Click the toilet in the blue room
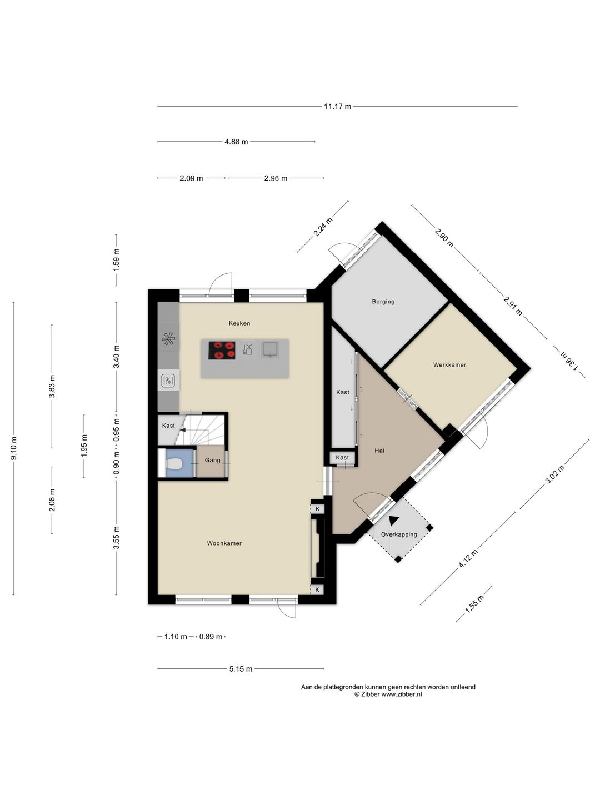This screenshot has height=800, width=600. (173, 463)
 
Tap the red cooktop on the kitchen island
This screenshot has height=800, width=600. (222, 350)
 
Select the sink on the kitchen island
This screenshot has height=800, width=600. (270, 349)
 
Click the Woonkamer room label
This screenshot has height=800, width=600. (224, 543)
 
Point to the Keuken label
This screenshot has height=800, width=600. (239, 323)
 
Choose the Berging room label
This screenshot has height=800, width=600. (383, 302)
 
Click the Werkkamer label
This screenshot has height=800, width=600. (449, 365)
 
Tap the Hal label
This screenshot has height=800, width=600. (379, 451)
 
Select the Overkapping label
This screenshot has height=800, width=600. (399, 534)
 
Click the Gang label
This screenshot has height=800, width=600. (212, 461)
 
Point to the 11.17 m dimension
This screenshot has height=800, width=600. (337, 107)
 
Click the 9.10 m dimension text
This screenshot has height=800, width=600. (14, 448)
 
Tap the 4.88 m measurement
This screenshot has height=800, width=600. (236, 142)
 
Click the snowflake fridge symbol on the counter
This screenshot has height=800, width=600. (168, 339)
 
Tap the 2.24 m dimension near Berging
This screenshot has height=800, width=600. (323, 227)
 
